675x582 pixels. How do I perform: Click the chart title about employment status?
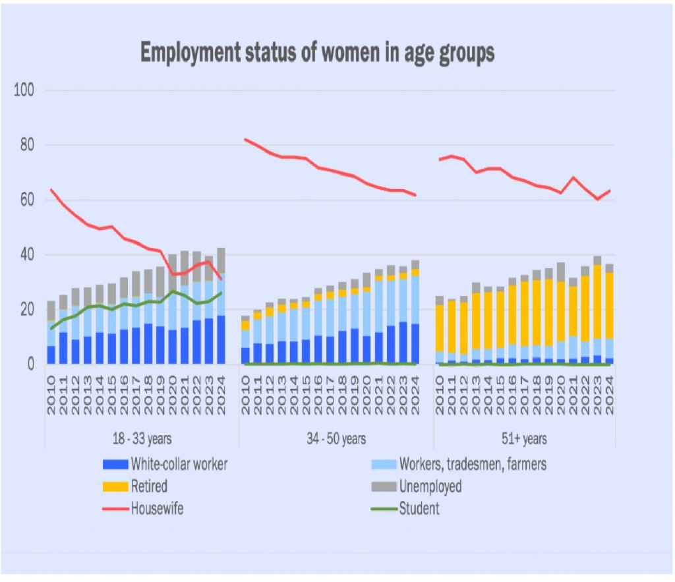tap(317, 53)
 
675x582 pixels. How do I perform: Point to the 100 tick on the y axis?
tap(26, 90)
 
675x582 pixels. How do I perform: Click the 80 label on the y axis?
tap(26, 145)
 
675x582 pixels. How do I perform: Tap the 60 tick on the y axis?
tap(26, 200)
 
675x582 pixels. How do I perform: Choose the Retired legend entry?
tap(149, 486)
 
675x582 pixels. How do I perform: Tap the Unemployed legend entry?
tap(430, 486)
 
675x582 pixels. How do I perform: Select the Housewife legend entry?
tap(157, 508)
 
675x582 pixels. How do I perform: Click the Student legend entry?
tap(419, 508)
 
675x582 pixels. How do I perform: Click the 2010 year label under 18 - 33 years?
tap(51, 393)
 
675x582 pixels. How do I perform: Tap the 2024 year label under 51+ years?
tap(610, 393)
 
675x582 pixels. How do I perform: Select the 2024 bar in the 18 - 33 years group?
tap(221, 310)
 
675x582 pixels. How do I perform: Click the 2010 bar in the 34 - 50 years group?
tap(245, 343)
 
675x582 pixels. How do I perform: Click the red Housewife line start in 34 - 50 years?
tap(245, 139)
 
